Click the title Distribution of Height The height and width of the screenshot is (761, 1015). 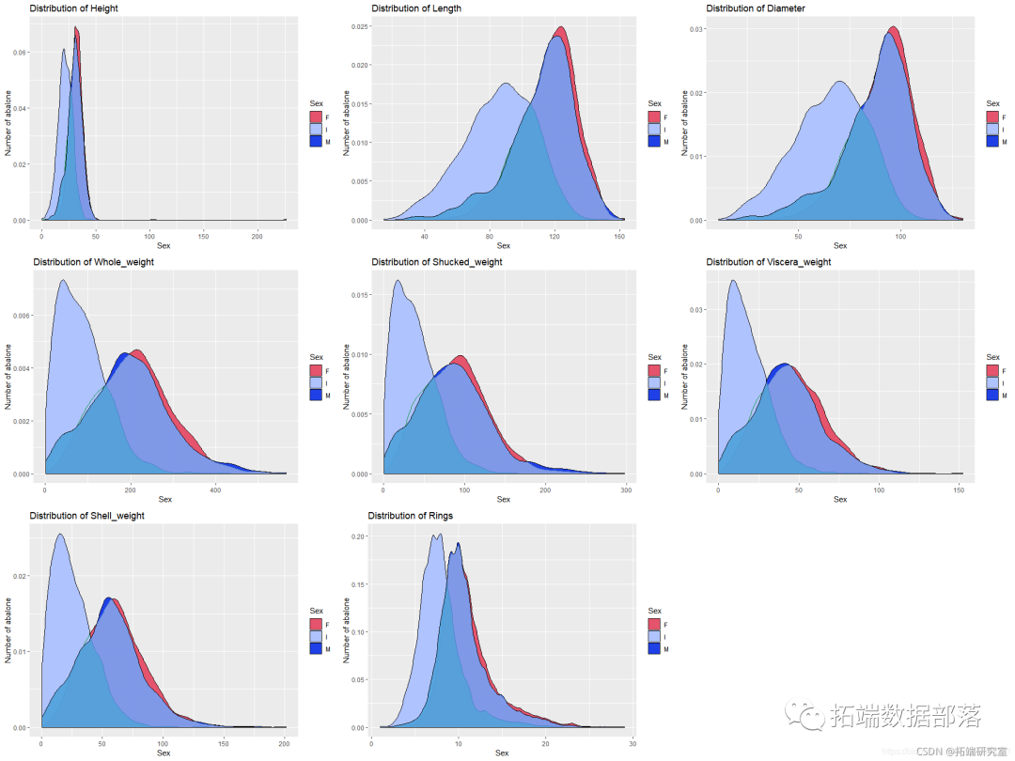pos(74,8)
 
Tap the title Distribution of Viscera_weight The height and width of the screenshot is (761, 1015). pos(768,262)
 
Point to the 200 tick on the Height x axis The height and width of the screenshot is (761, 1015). pos(258,235)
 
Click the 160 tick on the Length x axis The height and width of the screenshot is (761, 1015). pos(619,235)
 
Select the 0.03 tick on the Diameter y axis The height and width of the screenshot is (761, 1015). pos(697,29)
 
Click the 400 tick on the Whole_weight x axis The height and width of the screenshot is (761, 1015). pos(215,489)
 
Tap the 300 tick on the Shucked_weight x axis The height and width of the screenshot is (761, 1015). pos(625,489)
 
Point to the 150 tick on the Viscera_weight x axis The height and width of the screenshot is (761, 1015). pos(959,489)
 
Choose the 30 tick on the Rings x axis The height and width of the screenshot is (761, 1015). pos(632,743)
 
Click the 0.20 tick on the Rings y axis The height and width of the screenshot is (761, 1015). pos(358,536)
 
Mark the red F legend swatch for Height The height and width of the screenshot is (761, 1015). pos(316,116)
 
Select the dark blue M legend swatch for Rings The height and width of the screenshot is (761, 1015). pos(654,648)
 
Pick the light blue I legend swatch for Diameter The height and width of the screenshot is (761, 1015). pos(992,129)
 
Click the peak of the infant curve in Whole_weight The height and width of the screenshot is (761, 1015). pos(62,280)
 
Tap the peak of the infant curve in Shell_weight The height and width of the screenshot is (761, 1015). pos(59,535)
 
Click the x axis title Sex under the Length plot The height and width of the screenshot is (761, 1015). pos(502,246)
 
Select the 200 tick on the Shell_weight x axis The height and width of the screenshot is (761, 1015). pos(284,743)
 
